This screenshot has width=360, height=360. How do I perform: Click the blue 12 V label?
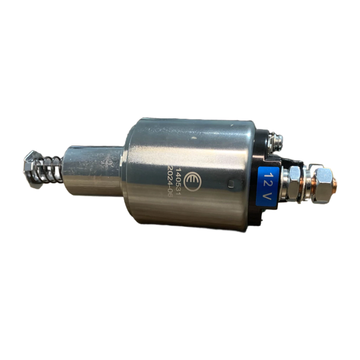tap(268, 187)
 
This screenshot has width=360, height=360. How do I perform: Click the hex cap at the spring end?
tap(32, 169)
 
